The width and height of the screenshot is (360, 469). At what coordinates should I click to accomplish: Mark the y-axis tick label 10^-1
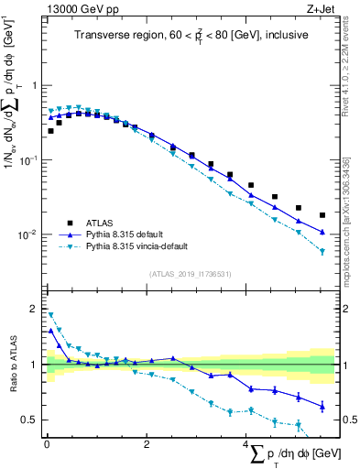click(x=27, y=159)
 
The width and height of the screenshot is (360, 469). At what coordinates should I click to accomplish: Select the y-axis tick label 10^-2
click(x=27, y=234)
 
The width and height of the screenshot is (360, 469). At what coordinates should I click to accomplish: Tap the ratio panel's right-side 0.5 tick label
click(x=345, y=420)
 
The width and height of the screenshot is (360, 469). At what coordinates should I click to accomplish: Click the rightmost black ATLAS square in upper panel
click(x=322, y=215)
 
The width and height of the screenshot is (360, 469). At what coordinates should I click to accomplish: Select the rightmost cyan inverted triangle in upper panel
click(x=322, y=251)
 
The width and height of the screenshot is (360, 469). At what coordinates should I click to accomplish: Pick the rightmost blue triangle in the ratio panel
click(x=322, y=406)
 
